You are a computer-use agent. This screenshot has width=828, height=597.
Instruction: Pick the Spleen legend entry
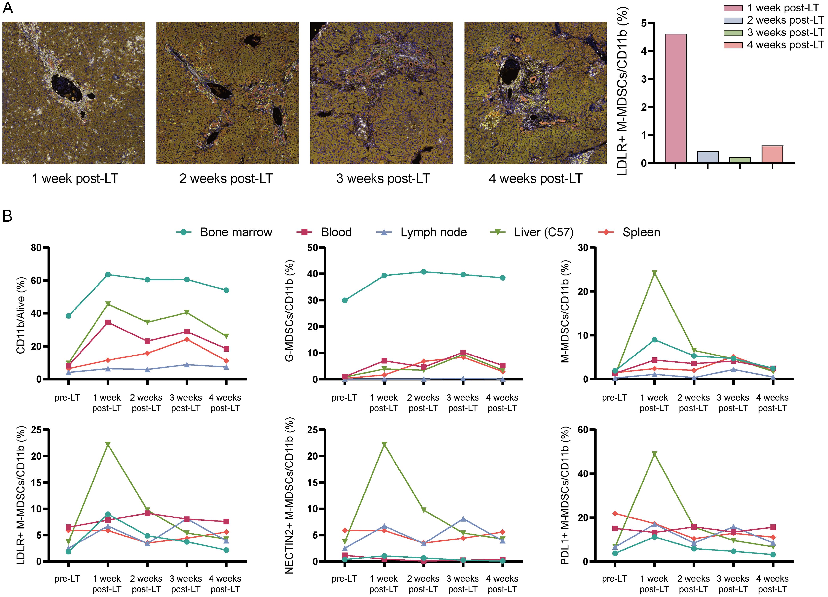click(x=629, y=232)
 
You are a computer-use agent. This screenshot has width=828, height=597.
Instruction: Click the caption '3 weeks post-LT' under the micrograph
click(x=383, y=179)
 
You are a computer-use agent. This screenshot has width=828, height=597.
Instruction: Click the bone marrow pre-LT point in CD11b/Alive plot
click(x=68, y=316)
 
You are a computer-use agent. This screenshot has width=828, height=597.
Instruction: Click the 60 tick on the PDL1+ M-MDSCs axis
click(x=583, y=430)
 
